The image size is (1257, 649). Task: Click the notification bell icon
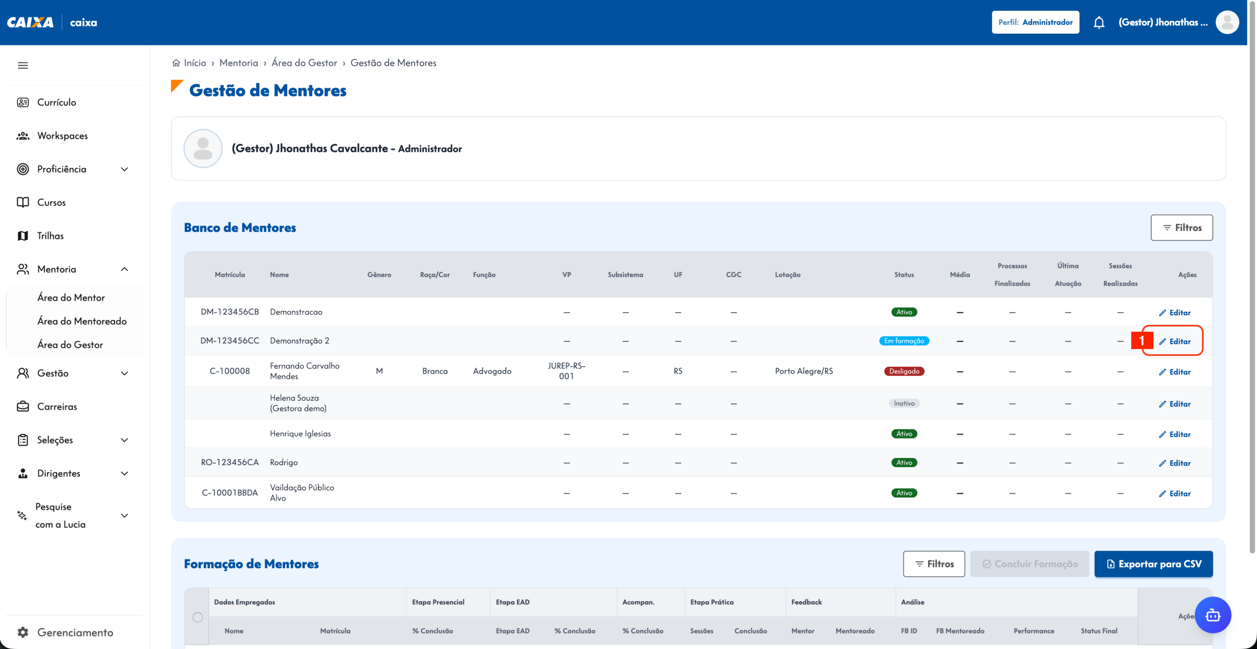point(1099,23)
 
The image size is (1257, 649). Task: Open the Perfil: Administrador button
point(1035,23)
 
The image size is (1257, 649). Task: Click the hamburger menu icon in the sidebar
point(23,65)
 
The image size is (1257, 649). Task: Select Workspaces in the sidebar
point(62,136)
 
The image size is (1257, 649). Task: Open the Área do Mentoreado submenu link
point(82,321)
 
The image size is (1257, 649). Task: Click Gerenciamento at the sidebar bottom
point(75,632)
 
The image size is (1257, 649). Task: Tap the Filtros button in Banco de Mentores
point(1181,228)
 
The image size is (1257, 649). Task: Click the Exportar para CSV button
point(1153,564)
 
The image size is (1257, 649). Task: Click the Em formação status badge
point(904,341)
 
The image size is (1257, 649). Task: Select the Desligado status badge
point(904,371)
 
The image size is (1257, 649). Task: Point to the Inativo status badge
point(904,403)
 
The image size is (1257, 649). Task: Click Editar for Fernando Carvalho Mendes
point(1175,372)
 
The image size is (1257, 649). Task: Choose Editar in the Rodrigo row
point(1175,463)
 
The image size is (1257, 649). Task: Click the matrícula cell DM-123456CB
point(230,312)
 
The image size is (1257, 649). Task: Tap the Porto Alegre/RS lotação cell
point(804,371)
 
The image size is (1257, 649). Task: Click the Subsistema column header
point(625,275)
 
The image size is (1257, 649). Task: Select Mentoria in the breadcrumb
point(239,63)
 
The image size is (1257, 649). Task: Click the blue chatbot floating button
point(1213,615)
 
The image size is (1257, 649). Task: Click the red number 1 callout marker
point(1142,340)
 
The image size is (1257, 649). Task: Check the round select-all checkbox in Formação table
point(198,617)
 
